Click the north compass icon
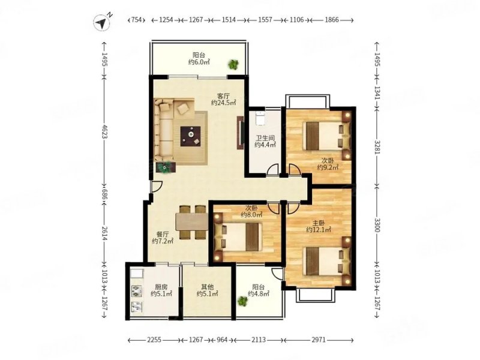click(x=102, y=23)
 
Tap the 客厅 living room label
click(x=223, y=96)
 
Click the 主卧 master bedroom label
click(x=319, y=223)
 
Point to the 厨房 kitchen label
click(x=161, y=287)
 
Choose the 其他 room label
click(x=207, y=287)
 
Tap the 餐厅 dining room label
click(x=163, y=235)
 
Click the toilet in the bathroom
click(x=260, y=118)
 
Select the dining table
click(x=192, y=221)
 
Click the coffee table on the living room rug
click(x=190, y=136)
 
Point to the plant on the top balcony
click(x=233, y=64)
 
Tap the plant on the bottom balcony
click(x=243, y=301)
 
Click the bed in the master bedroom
click(x=326, y=261)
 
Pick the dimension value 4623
click(x=105, y=131)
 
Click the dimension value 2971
click(x=319, y=340)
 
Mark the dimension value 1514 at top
click(x=229, y=20)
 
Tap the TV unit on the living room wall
click(x=240, y=133)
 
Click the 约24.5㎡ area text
click(x=223, y=103)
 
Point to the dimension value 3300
click(x=377, y=224)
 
